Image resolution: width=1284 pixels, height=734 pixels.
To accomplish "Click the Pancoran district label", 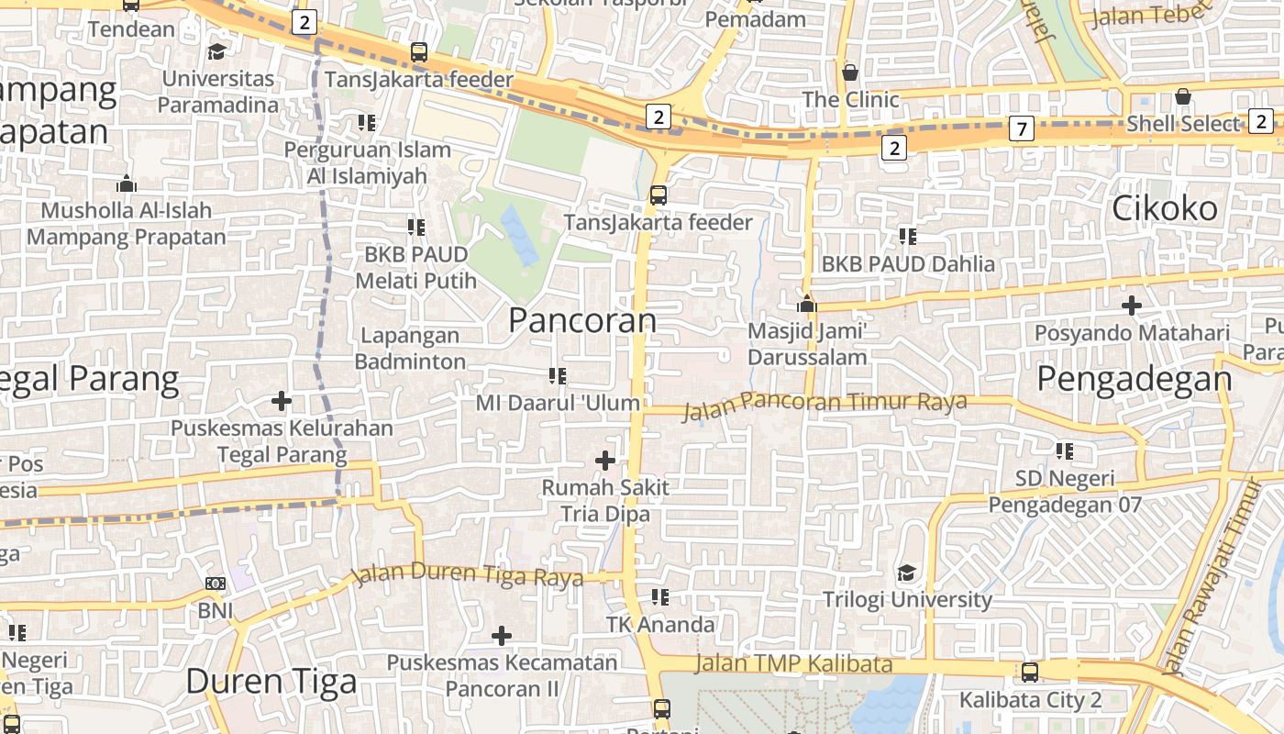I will click(582, 320).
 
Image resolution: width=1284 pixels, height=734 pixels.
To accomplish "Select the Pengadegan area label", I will click(1135, 378).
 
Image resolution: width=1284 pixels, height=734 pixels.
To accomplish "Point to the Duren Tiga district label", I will click(271, 681).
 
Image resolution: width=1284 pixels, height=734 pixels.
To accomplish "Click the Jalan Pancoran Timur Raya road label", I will click(825, 403).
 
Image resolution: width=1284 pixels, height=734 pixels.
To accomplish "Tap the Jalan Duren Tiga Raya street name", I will click(469, 574).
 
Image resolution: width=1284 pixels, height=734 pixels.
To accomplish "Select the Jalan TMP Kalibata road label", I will click(793, 663).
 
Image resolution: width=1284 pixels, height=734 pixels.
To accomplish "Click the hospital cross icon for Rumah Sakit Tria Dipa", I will click(605, 460).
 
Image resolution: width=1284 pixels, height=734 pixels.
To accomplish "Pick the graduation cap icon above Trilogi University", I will click(906, 573).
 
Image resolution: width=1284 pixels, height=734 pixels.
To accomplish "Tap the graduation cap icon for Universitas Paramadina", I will click(217, 51).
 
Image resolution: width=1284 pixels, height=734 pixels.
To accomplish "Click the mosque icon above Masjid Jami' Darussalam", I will click(807, 304).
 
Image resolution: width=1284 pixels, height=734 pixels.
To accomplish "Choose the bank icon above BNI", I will click(216, 583).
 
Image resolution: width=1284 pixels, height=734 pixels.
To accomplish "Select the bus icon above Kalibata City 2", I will click(1030, 673).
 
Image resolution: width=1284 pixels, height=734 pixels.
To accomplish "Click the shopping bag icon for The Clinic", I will click(850, 72).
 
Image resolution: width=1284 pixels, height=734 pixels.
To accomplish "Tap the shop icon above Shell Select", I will click(1183, 96).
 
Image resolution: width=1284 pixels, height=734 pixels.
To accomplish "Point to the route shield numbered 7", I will click(1021, 128).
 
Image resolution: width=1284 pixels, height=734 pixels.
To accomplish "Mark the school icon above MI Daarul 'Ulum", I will click(557, 375).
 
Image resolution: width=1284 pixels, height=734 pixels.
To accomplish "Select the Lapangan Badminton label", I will click(410, 349).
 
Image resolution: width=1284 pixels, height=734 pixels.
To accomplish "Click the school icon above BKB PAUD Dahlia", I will click(908, 237).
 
